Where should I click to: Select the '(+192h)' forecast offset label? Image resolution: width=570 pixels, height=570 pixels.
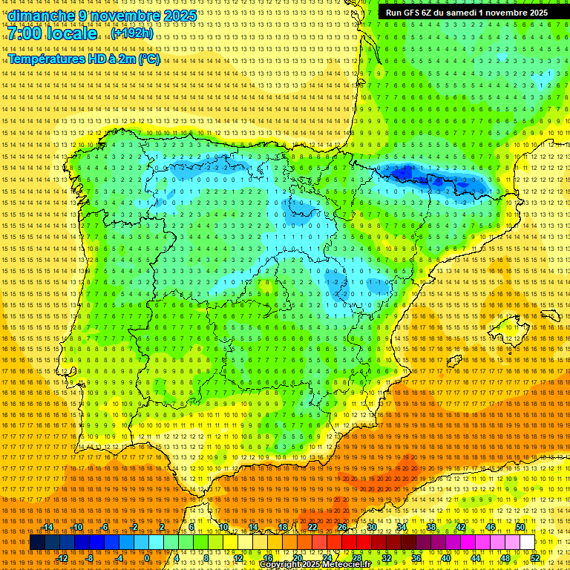[x=132, y=33]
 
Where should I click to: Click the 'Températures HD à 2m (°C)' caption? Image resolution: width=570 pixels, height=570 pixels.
[x=84, y=59]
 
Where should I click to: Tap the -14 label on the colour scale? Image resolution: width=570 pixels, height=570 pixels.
[x=48, y=527]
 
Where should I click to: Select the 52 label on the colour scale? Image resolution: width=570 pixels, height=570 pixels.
[x=534, y=557]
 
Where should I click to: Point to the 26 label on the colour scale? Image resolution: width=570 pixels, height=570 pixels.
[x=342, y=527]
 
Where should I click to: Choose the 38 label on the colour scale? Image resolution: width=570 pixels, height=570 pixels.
[x=431, y=527]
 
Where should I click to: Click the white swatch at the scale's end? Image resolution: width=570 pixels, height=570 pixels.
[x=527, y=543]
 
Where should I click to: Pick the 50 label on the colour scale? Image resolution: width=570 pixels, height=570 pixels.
[x=520, y=527]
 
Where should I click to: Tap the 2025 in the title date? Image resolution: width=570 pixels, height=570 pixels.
[x=180, y=16]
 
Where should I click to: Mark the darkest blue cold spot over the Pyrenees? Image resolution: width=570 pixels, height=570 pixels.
[x=405, y=174]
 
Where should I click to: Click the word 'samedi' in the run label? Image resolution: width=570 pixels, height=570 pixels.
[x=462, y=13]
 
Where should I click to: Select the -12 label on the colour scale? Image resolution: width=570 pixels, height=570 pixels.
[x=62, y=557]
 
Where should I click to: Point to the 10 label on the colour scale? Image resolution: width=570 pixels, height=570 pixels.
[x=223, y=527]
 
